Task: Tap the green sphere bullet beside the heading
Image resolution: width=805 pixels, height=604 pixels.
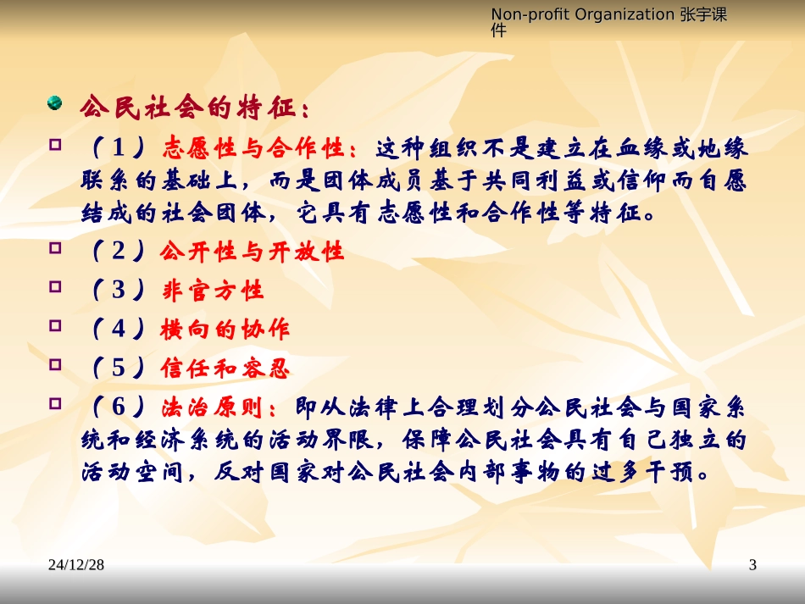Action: point(55,104)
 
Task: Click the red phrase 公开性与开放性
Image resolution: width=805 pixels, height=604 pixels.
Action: point(252,252)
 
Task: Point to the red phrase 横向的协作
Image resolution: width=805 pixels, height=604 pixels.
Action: point(225,330)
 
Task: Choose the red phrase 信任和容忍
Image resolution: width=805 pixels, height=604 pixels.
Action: point(225,368)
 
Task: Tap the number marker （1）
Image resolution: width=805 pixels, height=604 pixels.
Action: point(118,150)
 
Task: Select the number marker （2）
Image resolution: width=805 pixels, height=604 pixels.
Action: point(118,252)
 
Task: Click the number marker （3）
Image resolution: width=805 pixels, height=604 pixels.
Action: point(118,291)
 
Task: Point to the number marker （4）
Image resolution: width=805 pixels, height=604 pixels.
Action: point(118,330)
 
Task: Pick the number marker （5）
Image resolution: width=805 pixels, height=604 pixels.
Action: point(118,368)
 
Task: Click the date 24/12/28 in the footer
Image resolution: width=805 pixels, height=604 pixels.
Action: point(76,565)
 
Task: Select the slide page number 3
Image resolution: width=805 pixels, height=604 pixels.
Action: point(752,565)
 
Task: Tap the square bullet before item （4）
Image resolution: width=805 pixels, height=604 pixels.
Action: point(56,325)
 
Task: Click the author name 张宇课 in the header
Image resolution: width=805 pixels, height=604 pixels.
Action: point(705,14)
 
